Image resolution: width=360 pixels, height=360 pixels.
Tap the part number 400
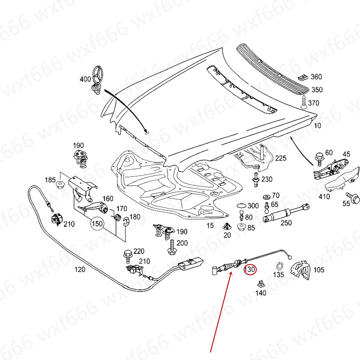85,79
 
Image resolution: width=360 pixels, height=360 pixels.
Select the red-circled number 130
250,270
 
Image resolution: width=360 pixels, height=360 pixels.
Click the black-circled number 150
98,223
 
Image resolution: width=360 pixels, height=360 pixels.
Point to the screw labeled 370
304,102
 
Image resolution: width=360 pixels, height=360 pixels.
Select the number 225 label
281,158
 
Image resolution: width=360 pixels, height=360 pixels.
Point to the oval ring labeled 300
241,206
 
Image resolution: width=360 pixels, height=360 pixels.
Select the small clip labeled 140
260,284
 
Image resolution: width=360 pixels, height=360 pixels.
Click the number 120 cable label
79,270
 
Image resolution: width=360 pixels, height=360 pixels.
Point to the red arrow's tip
231,273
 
